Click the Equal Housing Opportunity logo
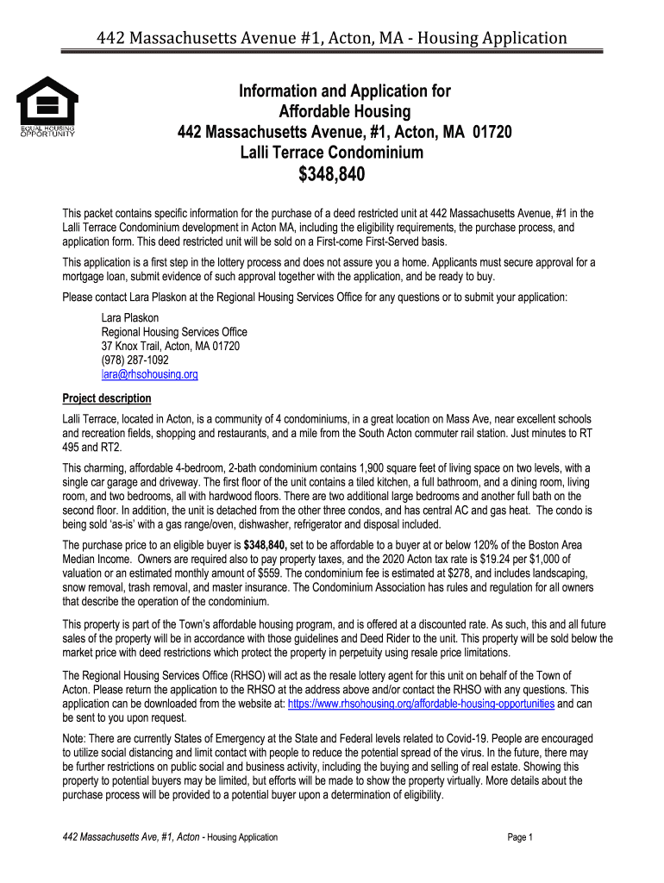[x=47, y=107]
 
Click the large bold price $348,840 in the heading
[x=332, y=176]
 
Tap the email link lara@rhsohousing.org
[x=150, y=375]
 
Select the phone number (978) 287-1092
[x=136, y=360]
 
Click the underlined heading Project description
[x=107, y=398]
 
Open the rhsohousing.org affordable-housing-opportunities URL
[x=421, y=705]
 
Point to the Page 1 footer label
[x=522, y=837]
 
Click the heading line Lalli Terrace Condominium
[x=332, y=153]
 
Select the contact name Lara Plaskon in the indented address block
[x=130, y=317]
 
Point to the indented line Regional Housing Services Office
[x=174, y=332]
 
